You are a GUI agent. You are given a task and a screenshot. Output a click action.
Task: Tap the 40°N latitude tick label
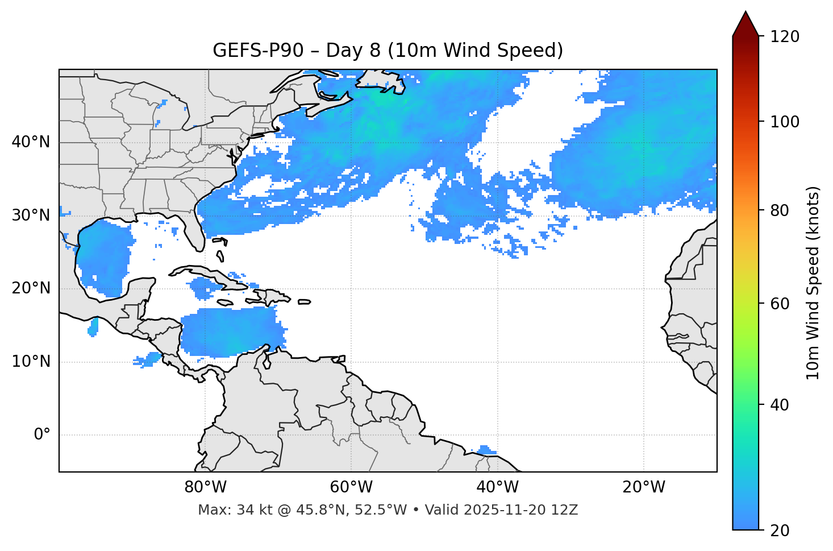31,142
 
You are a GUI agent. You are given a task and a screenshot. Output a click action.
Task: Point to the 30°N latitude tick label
31,216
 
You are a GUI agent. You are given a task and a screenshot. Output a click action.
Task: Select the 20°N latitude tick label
31,288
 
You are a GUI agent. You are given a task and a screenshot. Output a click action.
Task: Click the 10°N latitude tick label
31,362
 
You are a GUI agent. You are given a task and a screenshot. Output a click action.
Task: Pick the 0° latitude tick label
42,435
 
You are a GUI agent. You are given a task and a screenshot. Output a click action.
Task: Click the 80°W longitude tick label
205,487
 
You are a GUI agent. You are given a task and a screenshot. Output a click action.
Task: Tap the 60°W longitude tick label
351,487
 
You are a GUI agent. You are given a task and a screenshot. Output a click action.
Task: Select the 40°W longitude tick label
497,487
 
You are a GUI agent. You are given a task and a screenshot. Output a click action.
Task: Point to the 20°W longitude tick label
643,487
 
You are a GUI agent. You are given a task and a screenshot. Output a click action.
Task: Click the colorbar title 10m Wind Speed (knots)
813,283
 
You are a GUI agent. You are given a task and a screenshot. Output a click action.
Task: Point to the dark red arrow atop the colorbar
745,24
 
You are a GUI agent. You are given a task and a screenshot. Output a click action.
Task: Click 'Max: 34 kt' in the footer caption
224,510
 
